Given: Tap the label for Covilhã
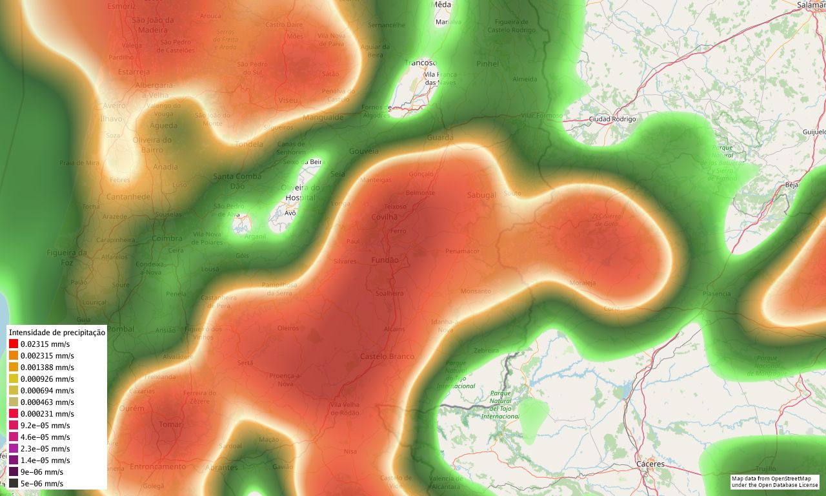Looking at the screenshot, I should coord(385,217).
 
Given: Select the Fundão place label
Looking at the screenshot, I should coord(385,260).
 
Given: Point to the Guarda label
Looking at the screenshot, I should coord(440,138).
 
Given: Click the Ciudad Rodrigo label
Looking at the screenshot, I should coord(612,119).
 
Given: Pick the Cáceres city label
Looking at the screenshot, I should coord(650,464).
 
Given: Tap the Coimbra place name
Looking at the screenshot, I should coord(167,238).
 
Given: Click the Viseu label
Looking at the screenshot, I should coord(288,100).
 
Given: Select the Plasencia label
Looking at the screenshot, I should coord(716,294).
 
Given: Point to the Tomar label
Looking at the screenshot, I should coord(170,424).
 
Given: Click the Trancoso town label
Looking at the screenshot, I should coord(421,63).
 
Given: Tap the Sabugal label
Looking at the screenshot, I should coord(481,195).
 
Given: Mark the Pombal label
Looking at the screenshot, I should coord(120,329).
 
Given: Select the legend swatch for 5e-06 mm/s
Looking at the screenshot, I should coord(14,483).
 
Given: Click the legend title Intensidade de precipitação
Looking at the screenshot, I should coord(57,332).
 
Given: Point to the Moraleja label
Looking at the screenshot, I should coord(583,283).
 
